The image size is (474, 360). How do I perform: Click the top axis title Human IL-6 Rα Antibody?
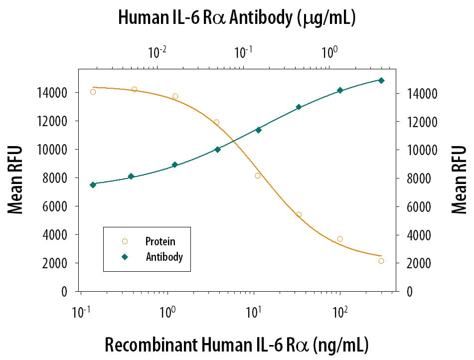pos(236,18)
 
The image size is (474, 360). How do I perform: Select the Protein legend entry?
pos(160,242)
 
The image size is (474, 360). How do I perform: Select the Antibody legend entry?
pos(164,257)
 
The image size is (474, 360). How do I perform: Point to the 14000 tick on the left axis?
pos(54,93)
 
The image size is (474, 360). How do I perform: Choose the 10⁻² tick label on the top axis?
pos(157,51)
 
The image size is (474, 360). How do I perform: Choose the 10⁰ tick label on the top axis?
pos(329,51)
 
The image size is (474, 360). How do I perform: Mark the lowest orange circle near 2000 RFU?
pos(381,261)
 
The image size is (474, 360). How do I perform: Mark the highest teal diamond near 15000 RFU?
pos(381,80)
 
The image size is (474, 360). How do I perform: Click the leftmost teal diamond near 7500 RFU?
pos(93,185)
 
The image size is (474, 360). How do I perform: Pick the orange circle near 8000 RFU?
pos(258,176)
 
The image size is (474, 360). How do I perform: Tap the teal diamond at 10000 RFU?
pos(217,149)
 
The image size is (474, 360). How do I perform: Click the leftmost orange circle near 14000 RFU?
pos(93,92)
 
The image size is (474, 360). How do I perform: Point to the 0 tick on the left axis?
pos(65,292)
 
